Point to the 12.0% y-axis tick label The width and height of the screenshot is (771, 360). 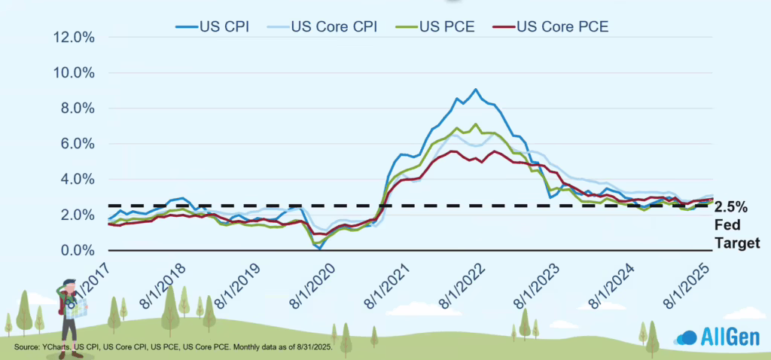click(74, 38)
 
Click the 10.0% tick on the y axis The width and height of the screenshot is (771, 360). click(74, 73)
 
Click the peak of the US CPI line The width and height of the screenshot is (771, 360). click(475, 90)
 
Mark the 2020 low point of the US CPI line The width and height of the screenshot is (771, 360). click(319, 248)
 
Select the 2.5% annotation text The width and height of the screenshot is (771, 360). click(731, 206)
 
